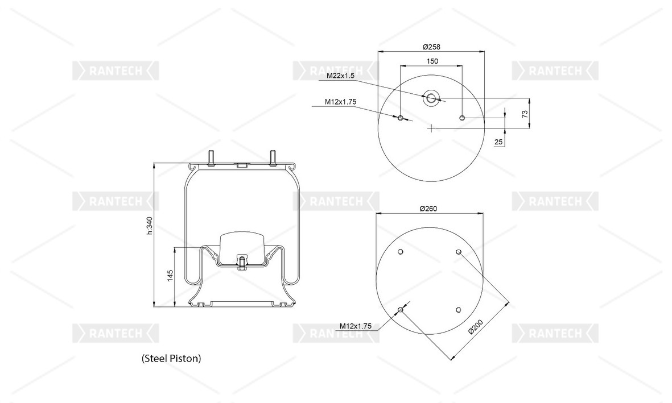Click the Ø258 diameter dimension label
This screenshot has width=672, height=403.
coord(431,47)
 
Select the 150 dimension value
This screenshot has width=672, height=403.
coord(432,61)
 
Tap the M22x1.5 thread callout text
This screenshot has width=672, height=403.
coord(340,76)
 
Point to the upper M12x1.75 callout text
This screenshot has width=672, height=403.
coord(340,102)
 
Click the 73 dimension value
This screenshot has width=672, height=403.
coord(525,114)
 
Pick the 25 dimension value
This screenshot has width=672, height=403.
coord(498,142)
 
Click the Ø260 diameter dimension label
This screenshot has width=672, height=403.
coord(428,209)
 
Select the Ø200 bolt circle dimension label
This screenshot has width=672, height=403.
coord(476,326)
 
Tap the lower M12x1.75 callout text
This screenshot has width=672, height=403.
coord(355,326)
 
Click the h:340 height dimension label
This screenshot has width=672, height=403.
coord(149,226)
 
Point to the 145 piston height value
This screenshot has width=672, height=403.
coord(170,275)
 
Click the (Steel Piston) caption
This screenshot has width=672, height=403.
coord(171,358)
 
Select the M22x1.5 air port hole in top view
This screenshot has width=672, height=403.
coord(431,98)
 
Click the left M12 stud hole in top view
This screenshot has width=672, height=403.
coord(400,118)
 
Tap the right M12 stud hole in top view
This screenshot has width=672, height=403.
coord(462,118)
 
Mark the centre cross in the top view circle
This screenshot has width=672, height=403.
coord(431,128)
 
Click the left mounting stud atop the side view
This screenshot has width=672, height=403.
coord(211,157)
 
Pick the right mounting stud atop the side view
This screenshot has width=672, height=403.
coord(273,157)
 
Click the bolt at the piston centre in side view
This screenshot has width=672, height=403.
coord(242,262)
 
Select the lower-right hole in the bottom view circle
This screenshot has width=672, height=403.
coord(458,310)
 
